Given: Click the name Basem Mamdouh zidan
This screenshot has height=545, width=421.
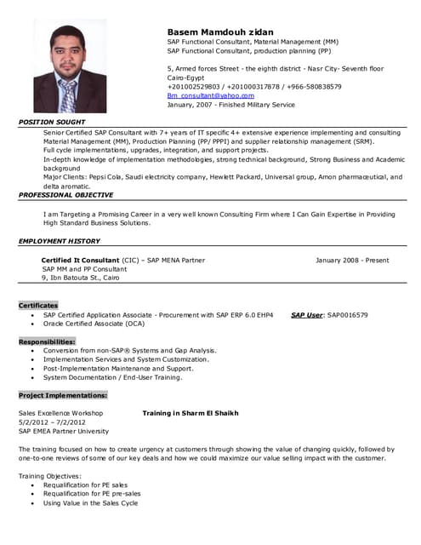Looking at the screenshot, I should click(x=220, y=31).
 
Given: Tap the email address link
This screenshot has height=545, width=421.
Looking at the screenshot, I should click(x=210, y=95).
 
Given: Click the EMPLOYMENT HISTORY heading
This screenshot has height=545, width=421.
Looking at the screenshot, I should click(x=60, y=241).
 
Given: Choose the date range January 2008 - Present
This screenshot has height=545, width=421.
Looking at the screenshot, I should click(x=351, y=260).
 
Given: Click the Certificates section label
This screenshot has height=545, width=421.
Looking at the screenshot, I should click(x=38, y=305).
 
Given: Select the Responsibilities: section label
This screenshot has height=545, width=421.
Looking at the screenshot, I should click(x=47, y=341).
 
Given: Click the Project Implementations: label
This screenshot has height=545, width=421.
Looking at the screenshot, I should click(x=63, y=395).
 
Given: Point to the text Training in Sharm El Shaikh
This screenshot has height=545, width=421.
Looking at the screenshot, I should click(x=191, y=413).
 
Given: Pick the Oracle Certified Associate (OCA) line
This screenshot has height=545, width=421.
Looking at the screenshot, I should click(x=94, y=324).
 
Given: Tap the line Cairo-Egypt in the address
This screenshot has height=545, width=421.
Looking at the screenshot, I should click(x=186, y=77).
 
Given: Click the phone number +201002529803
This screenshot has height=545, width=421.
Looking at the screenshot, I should click(x=192, y=86).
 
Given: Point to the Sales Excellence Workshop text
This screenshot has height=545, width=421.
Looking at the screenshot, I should click(x=60, y=413).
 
